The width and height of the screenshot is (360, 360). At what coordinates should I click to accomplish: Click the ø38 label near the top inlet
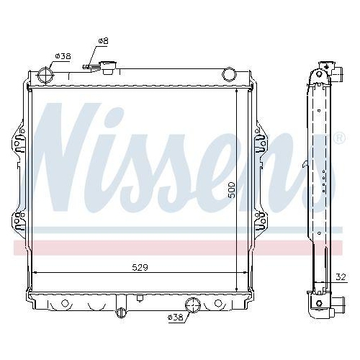coord(63,55)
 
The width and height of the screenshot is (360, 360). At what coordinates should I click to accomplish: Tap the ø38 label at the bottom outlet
coord(176,317)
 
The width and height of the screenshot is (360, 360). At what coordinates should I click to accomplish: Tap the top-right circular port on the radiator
coord(230,73)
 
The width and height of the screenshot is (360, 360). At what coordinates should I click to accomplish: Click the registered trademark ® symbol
coord(339,137)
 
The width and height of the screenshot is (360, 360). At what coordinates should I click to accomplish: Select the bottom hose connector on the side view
coord(321,310)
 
